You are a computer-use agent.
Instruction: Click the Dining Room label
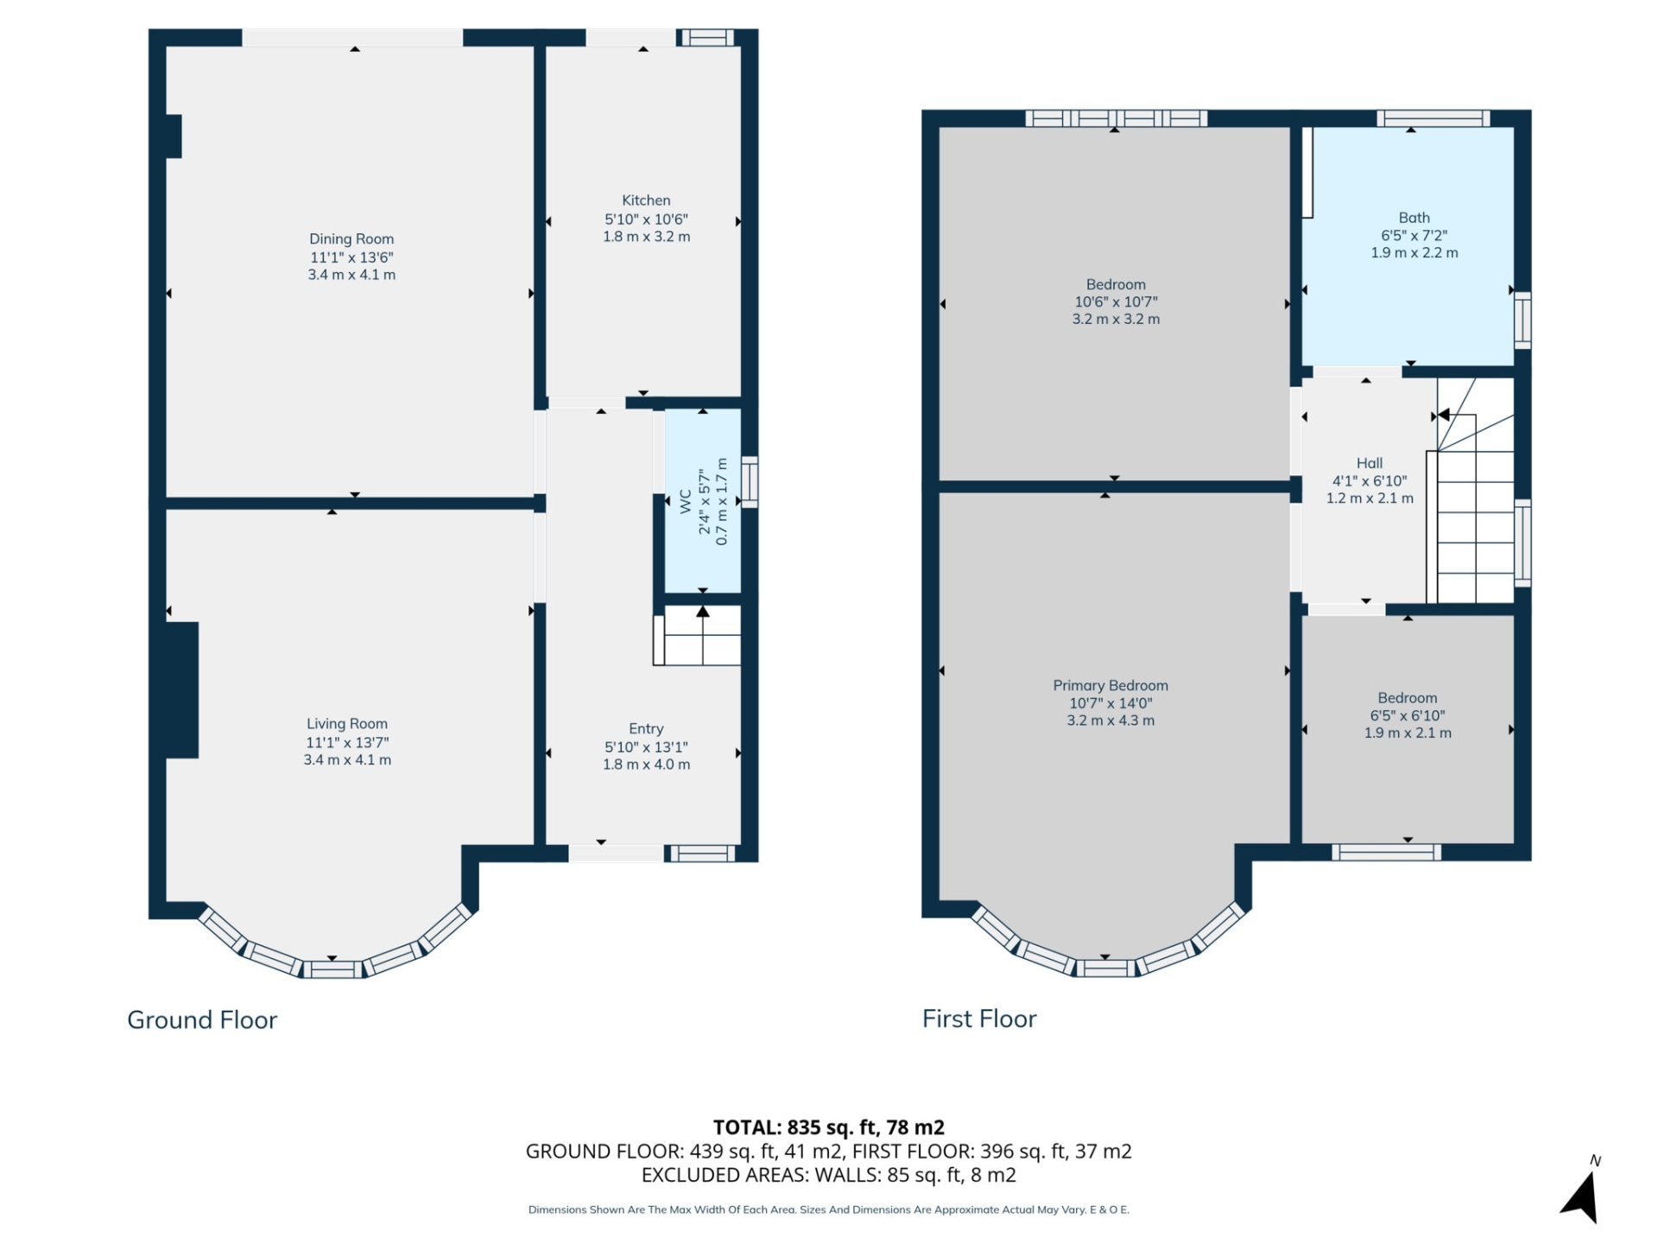click(x=351, y=239)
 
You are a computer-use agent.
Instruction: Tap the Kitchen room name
click(x=646, y=200)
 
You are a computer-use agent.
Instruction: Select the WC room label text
click(x=686, y=501)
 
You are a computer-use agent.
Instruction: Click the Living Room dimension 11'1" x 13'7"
click(x=347, y=743)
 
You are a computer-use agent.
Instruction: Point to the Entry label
click(x=646, y=729)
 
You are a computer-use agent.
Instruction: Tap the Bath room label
click(x=1414, y=218)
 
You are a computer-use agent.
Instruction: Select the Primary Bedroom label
click(x=1110, y=686)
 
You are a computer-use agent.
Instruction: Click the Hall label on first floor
click(x=1369, y=463)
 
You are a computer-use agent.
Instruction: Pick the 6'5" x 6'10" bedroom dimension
click(x=1407, y=716)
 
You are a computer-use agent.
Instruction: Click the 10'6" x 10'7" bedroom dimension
click(x=1116, y=302)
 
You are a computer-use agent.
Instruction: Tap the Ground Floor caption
click(x=202, y=1020)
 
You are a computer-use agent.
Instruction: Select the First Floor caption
click(x=978, y=1019)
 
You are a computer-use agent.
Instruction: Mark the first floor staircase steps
click(x=1475, y=527)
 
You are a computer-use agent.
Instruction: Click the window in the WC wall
click(x=750, y=481)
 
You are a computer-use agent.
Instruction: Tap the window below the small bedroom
click(x=1386, y=853)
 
